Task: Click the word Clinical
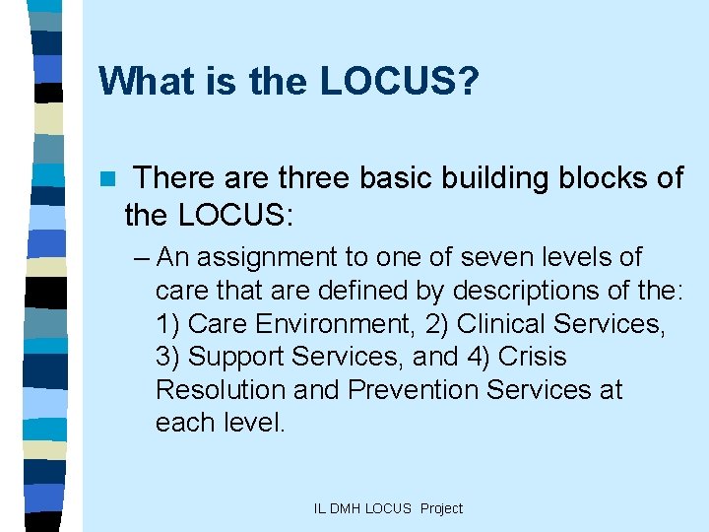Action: click(501, 324)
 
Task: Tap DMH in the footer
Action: click(346, 508)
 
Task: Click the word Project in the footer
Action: click(441, 508)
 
